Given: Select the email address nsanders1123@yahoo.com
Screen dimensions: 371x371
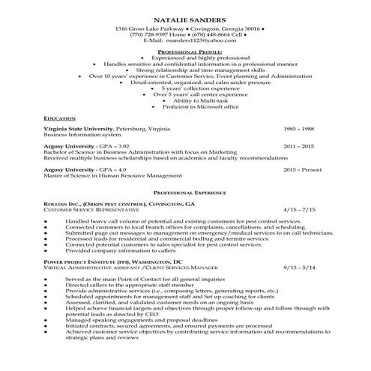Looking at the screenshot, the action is [x=199, y=40].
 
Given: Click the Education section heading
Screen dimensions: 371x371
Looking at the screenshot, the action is [x=60, y=118].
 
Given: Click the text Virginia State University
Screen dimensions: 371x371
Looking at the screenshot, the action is [x=80, y=128].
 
